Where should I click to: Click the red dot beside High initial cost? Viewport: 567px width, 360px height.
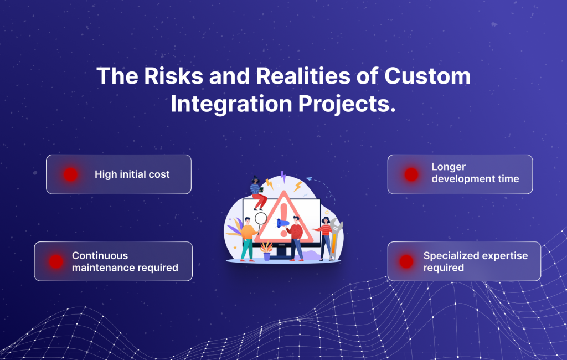coord(70,174)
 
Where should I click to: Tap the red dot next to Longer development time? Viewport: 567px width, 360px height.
coord(411,174)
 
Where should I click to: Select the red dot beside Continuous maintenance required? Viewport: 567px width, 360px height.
coord(55,261)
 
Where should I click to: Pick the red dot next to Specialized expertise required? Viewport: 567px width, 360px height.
coord(406,261)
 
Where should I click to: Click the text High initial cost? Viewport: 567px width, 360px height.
coord(132,174)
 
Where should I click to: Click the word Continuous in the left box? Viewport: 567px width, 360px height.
coord(100,256)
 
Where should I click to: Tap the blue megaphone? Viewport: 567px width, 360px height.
coord(283,224)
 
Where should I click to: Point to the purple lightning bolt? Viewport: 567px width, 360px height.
coord(283,177)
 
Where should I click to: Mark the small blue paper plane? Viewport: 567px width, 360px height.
coord(309,178)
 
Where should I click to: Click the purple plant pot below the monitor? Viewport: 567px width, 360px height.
coord(267,256)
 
